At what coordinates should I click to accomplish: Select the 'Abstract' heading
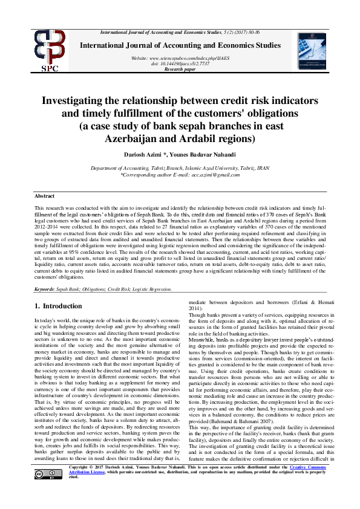click(44, 196)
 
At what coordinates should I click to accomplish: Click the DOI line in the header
click(180, 63)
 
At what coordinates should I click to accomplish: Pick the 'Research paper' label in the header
click(180, 70)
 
